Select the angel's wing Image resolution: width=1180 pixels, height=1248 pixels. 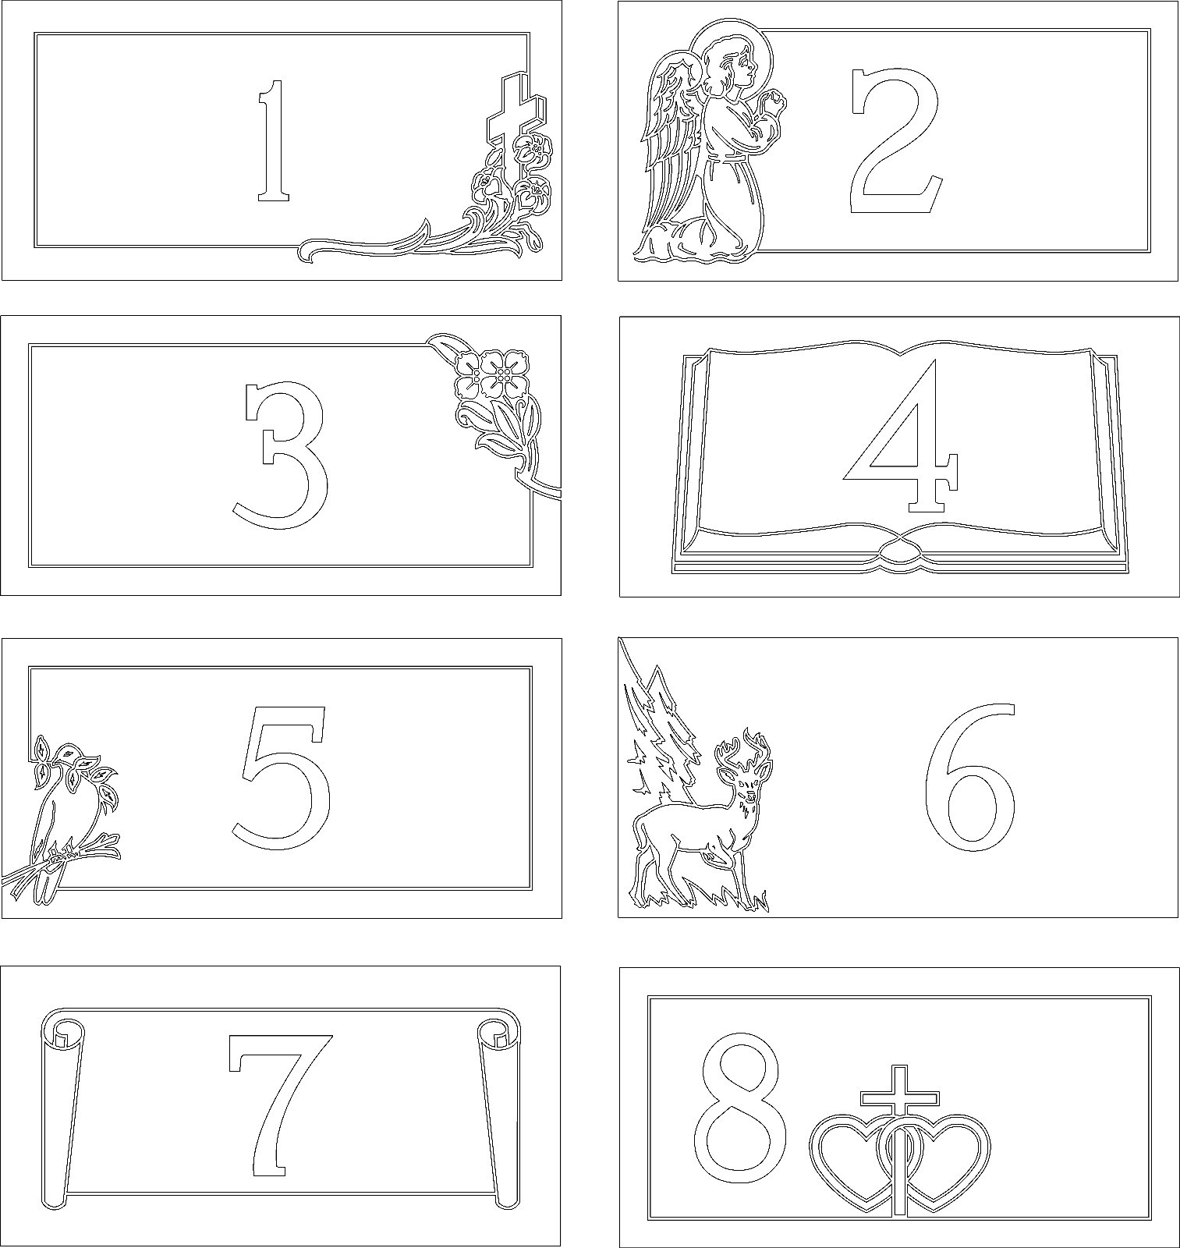coord(671,144)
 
